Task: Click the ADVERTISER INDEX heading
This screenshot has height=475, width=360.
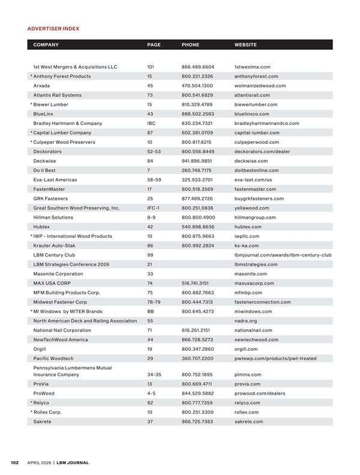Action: tap(53, 28)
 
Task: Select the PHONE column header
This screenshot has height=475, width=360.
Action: tap(190, 44)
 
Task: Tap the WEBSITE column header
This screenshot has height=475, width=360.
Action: tap(245, 44)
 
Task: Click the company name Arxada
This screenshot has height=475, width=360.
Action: tap(42, 85)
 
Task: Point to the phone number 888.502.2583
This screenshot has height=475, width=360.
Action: tap(197, 113)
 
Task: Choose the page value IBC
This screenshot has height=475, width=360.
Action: tap(152, 123)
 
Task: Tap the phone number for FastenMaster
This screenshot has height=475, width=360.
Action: tap(197, 189)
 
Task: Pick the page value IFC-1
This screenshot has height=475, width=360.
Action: tap(154, 208)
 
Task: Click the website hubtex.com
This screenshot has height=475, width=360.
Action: tap(247, 226)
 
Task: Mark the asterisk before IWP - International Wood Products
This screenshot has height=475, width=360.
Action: tap(31, 236)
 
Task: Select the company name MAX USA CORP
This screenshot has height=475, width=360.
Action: tap(52, 283)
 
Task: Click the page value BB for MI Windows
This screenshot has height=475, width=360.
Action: tap(151, 311)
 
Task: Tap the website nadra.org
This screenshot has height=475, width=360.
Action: tap(245, 321)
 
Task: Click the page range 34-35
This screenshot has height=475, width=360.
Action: tap(154, 374)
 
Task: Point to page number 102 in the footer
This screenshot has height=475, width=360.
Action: tap(15, 462)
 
